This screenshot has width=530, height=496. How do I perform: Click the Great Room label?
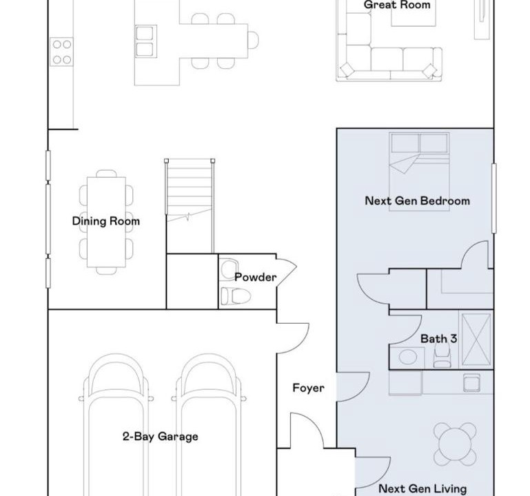click(397, 5)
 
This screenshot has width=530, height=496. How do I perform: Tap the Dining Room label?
click(106, 221)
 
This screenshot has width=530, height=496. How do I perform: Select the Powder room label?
click(256, 277)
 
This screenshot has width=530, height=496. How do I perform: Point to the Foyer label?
click(308, 388)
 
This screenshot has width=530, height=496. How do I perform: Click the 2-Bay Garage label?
click(160, 437)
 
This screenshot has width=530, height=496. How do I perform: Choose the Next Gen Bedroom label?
click(418, 200)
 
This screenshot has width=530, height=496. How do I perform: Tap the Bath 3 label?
click(439, 338)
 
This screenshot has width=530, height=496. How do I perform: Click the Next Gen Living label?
click(422, 488)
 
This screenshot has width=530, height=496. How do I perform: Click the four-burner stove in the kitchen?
click(61, 52)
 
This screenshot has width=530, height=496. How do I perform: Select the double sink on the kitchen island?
click(145, 41)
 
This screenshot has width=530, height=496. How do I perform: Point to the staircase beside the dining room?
click(190, 189)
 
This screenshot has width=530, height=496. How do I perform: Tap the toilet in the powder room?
click(236, 296)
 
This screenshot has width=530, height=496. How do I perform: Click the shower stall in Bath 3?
click(476, 339)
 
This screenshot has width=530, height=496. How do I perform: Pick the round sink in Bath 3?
click(408, 357)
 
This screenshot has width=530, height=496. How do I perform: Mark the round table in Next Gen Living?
click(455, 444)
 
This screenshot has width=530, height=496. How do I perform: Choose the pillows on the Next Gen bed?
click(420, 143)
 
